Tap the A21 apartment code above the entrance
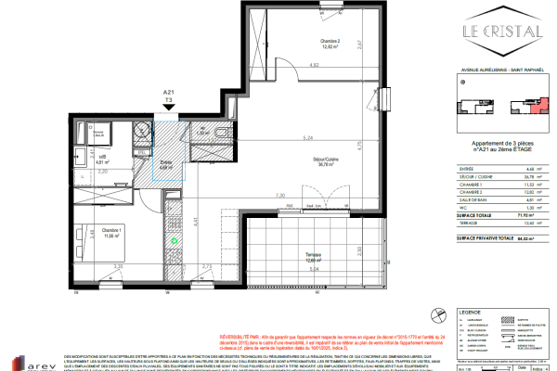tap(169, 93)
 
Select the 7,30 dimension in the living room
tap(279, 197)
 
